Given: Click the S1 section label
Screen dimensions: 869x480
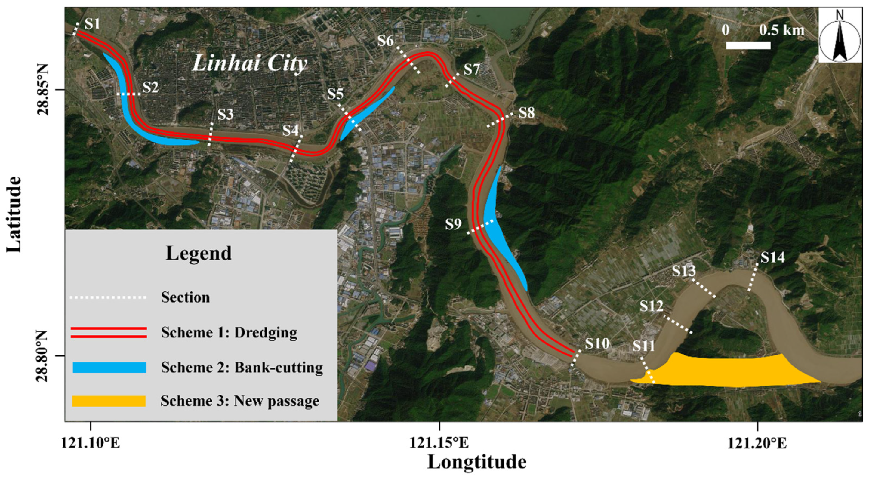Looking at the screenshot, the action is (x=92, y=24).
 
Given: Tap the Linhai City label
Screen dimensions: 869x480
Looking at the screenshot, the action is (x=250, y=64).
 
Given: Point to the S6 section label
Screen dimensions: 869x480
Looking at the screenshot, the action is (x=386, y=41).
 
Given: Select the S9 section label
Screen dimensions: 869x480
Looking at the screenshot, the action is (x=453, y=224).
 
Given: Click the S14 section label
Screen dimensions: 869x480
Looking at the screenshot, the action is (x=772, y=258).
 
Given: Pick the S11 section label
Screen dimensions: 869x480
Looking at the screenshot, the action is (x=644, y=346).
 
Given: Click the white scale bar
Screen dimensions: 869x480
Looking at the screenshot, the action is (x=748, y=45).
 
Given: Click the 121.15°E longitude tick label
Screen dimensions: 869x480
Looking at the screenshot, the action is (x=439, y=443).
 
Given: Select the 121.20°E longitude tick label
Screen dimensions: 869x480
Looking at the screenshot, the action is (x=757, y=443).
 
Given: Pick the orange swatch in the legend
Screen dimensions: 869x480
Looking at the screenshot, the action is (x=109, y=401).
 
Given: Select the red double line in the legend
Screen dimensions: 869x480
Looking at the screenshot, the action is (x=109, y=333).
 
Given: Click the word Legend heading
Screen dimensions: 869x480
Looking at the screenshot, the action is (x=199, y=253).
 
